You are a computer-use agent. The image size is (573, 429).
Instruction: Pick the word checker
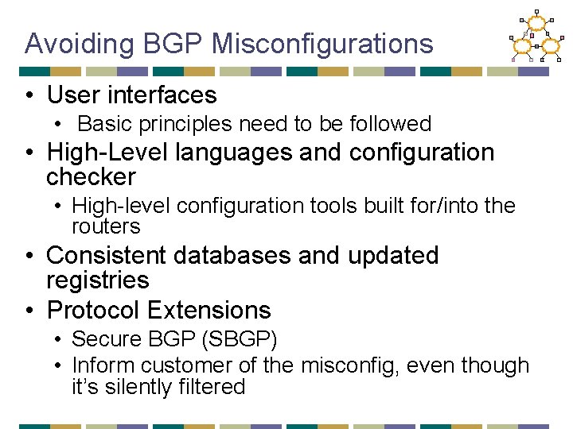pyautogui.click(x=91, y=177)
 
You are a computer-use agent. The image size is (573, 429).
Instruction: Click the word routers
pyautogui.click(x=106, y=227)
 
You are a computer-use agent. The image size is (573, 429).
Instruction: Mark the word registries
pyautogui.click(x=97, y=280)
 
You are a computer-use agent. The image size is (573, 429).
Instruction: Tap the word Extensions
pyautogui.click(x=209, y=310)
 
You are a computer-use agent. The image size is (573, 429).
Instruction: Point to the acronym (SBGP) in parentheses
pyautogui.click(x=240, y=340)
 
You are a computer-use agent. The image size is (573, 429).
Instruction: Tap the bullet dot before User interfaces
pyautogui.click(x=28, y=96)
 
